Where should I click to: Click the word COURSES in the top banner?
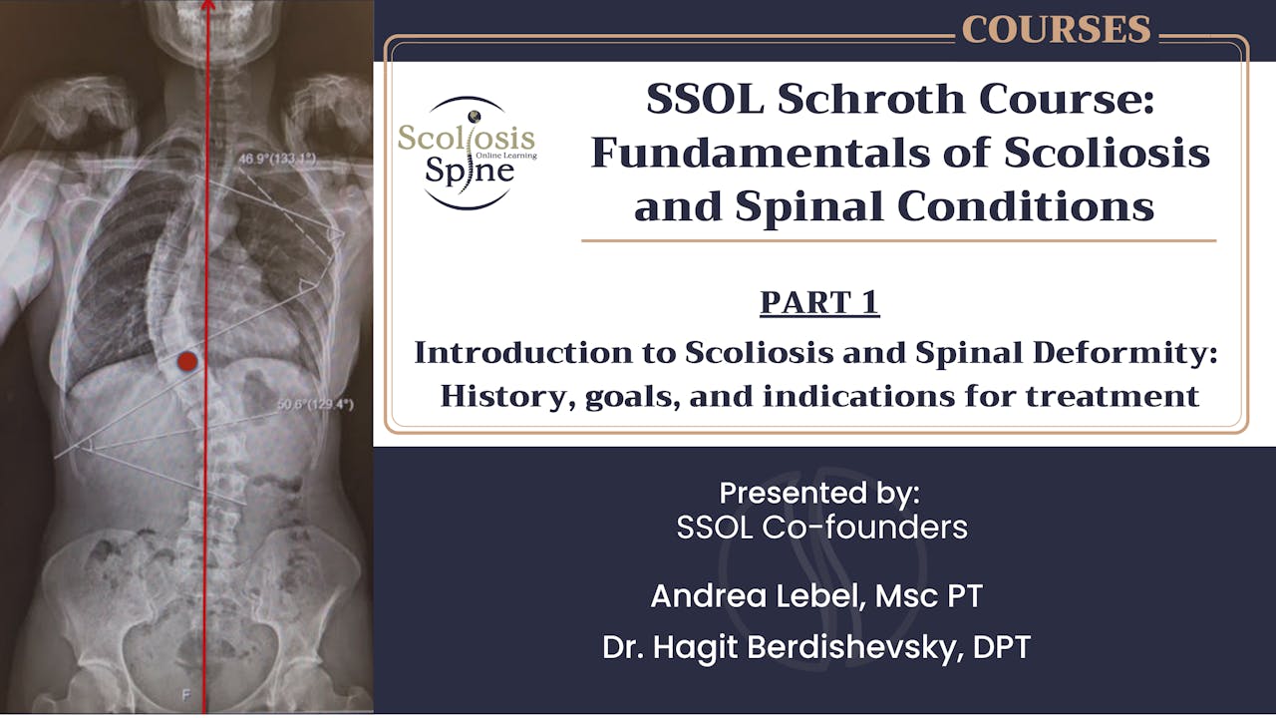[x=1056, y=30]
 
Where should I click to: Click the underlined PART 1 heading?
[x=819, y=302]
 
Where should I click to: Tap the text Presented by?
[x=818, y=493]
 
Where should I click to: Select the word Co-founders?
[x=864, y=527]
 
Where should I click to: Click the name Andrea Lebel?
[x=748, y=596]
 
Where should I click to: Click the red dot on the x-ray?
[x=186, y=362]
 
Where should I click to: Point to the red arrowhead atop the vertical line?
[x=207, y=4]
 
